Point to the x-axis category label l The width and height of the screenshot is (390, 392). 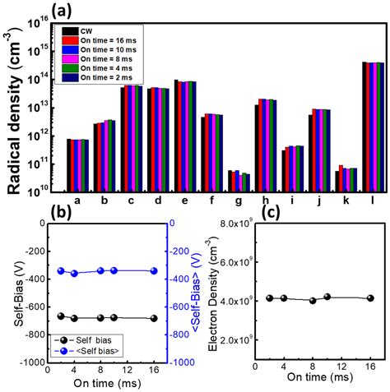[373, 200]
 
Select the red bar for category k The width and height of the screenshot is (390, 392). [341, 178]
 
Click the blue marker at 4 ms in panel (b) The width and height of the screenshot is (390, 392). [75, 273]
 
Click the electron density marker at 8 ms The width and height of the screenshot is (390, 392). [313, 300]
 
